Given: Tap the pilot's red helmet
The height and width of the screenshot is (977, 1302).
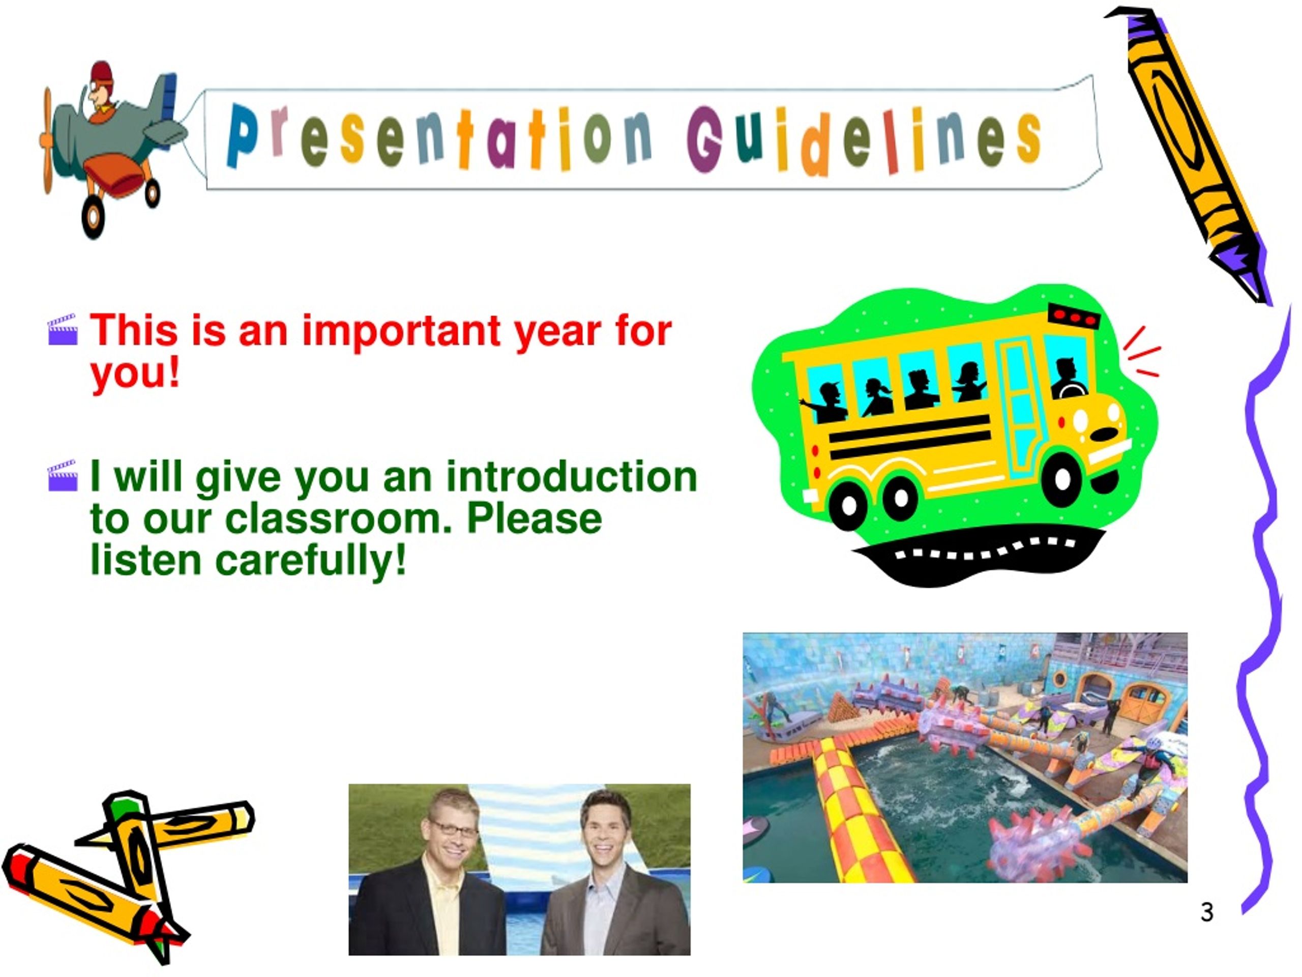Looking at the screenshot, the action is (102, 74).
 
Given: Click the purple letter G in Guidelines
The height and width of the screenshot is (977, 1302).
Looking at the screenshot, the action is (704, 139).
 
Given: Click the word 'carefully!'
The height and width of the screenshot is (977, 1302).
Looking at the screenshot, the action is (311, 561).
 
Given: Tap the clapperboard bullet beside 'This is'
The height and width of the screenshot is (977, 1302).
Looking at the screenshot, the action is (63, 329).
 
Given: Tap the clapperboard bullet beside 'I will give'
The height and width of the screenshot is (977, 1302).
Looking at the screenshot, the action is (63, 475).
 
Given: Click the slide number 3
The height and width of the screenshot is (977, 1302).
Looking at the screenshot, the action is (1207, 912).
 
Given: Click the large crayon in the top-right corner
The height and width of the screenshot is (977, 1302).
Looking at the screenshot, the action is (1189, 153).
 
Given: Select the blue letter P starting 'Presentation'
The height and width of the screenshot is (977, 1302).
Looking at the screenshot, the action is (242, 135).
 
